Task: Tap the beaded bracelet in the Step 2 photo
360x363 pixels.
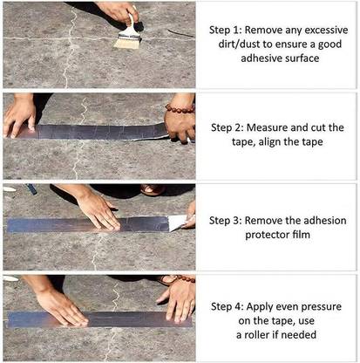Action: point(180,112)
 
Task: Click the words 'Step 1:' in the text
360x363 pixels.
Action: point(228,29)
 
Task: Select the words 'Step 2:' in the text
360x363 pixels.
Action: point(228,127)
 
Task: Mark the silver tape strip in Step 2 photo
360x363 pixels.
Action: point(96,132)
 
